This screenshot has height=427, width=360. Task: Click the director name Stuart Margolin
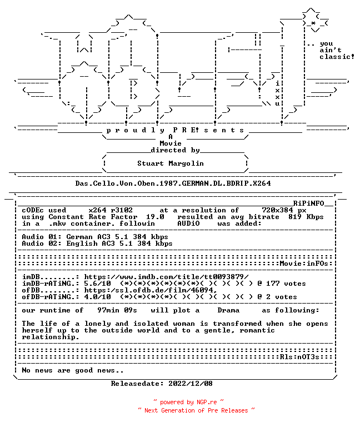click(171, 163)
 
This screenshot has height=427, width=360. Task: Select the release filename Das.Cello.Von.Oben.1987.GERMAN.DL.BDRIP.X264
click(173, 183)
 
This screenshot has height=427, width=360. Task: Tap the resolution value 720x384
click(277, 210)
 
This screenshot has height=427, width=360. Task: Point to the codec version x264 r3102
click(111, 210)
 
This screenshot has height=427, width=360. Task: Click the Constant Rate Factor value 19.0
click(155, 217)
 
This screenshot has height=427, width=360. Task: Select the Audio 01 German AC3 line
click(95, 237)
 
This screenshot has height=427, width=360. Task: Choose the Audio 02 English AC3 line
click(97, 244)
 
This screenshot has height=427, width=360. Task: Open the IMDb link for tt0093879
click(166, 277)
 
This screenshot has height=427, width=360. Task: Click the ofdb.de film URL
click(151, 290)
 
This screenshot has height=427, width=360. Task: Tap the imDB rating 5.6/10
click(97, 284)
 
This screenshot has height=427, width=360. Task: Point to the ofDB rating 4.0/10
click(97, 297)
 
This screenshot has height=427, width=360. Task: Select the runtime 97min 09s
click(117, 310)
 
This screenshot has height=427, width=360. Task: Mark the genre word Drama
click(228, 310)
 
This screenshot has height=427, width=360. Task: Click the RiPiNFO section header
click(308, 203)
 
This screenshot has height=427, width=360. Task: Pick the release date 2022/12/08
click(191, 384)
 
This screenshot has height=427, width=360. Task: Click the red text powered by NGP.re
click(188, 402)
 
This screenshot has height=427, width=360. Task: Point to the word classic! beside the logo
click(337, 57)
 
